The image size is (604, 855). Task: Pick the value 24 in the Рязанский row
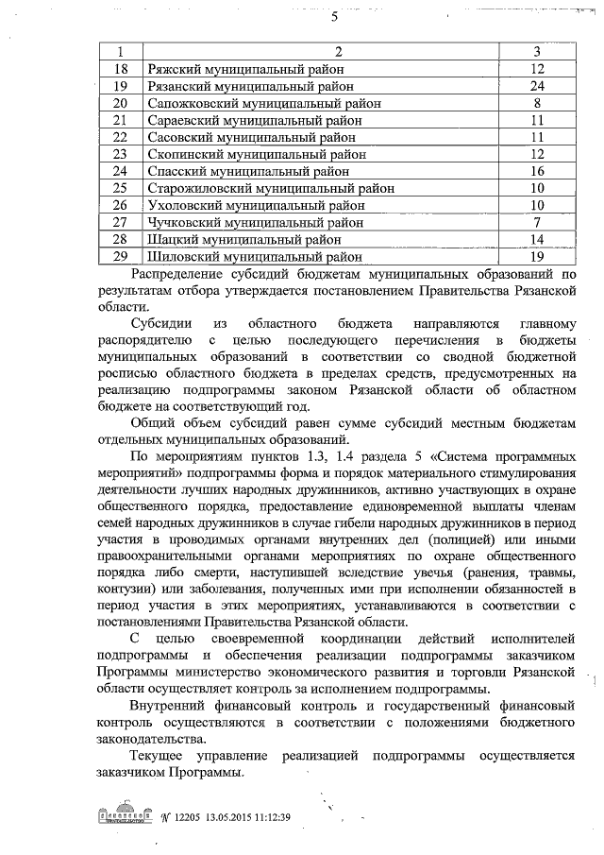pyautogui.click(x=537, y=86)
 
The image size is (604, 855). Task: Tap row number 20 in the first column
pyautogui.click(x=120, y=103)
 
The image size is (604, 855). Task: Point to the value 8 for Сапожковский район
pyautogui.click(x=537, y=103)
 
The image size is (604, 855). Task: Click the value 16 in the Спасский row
pyautogui.click(x=537, y=171)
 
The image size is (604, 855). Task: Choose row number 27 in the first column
pyautogui.click(x=120, y=222)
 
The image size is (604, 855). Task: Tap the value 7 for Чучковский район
pyautogui.click(x=537, y=222)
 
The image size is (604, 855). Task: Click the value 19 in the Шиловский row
pyautogui.click(x=537, y=256)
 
